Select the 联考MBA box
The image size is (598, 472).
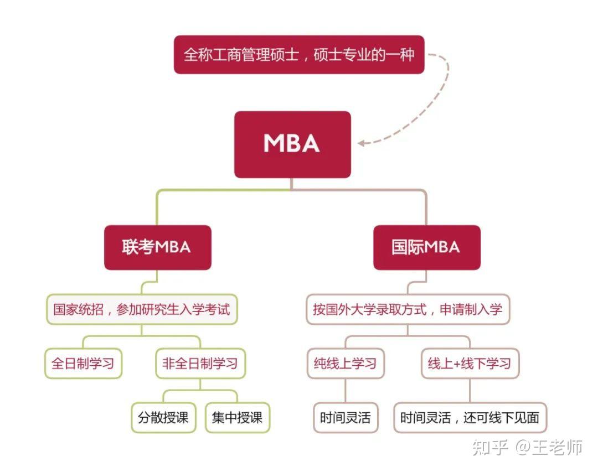(157, 247)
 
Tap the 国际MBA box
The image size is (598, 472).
(426, 247)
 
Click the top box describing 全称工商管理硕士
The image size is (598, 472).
(299, 55)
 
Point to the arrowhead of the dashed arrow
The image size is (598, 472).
(362, 143)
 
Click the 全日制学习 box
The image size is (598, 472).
(83, 364)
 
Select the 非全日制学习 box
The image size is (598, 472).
(200, 364)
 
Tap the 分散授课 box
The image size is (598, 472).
(163, 417)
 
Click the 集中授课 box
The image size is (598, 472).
(237, 417)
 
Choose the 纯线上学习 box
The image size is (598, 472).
(345, 364)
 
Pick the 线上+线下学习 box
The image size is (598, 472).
(470, 364)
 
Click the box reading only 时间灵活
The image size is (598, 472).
(345, 417)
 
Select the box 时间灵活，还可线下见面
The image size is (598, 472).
(470, 417)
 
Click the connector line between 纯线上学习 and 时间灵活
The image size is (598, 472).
(345, 391)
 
